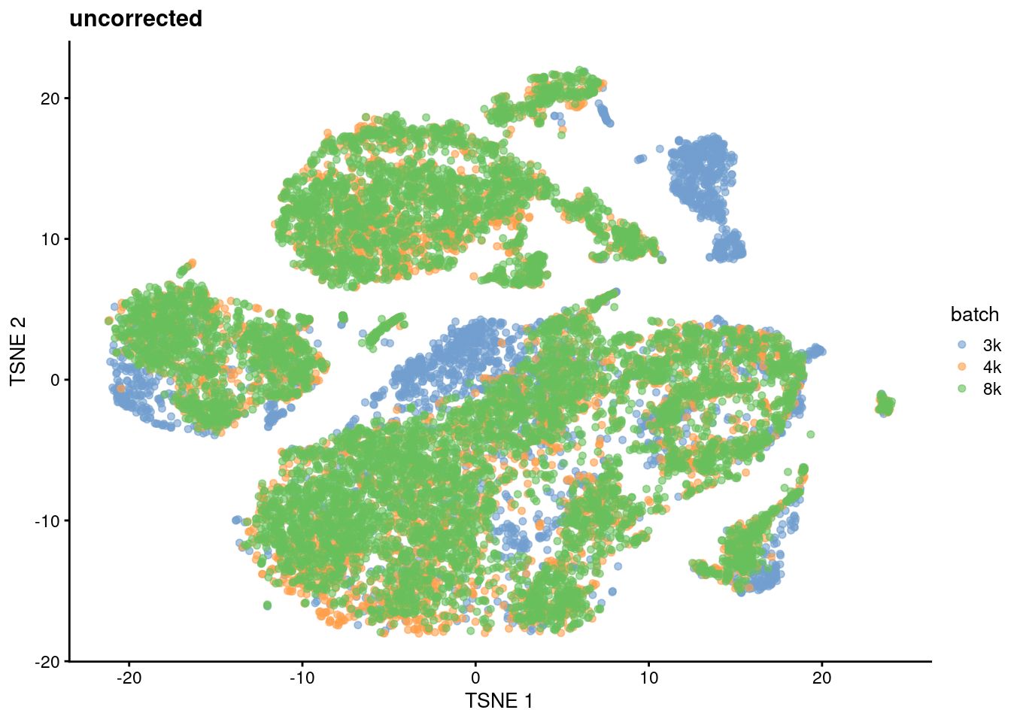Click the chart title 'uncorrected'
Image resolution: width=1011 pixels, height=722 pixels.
pyautogui.click(x=135, y=18)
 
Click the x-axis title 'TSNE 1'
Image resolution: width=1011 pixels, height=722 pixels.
pyautogui.click(x=499, y=701)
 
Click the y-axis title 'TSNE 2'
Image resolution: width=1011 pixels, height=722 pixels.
pyautogui.click(x=18, y=351)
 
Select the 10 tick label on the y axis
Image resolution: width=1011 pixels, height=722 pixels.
pyautogui.click(x=50, y=239)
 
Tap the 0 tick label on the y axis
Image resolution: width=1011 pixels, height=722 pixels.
pyautogui.click(x=55, y=380)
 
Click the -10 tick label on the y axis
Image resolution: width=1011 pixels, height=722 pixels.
pyautogui.click(x=47, y=520)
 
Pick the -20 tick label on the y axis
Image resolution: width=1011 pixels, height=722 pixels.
pyautogui.click(x=47, y=661)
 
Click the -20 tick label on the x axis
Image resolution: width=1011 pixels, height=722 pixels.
pyautogui.click(x=129, y=678)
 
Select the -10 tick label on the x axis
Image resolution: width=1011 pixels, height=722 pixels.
pyautogui.click(x=302, y=678)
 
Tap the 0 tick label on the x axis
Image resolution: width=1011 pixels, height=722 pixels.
pyautogui.click(x=475, y=678)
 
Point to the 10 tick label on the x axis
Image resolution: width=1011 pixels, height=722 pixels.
pyautogui.click(x=648, y=678)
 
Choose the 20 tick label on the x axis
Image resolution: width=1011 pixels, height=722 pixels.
pyautogui.click(x=821, y=678)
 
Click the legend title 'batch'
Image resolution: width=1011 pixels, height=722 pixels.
pyautogui.click(x=974, y=314)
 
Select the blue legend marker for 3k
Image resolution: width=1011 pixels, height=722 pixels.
pyautogui.click(x=961, y=345)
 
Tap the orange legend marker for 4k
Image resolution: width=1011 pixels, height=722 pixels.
pyautogui.click(x=961, y=367)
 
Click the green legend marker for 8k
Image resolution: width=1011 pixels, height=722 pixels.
pyautogui.click(x=961, y=389)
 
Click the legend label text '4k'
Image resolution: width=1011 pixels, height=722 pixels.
pyautogui.click(x=991, y=367)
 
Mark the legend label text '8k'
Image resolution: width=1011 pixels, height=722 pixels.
pyautogui.click(x=991, y=389)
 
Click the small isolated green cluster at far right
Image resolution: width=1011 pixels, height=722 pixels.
pyautogui.click(x=885, y=405)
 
